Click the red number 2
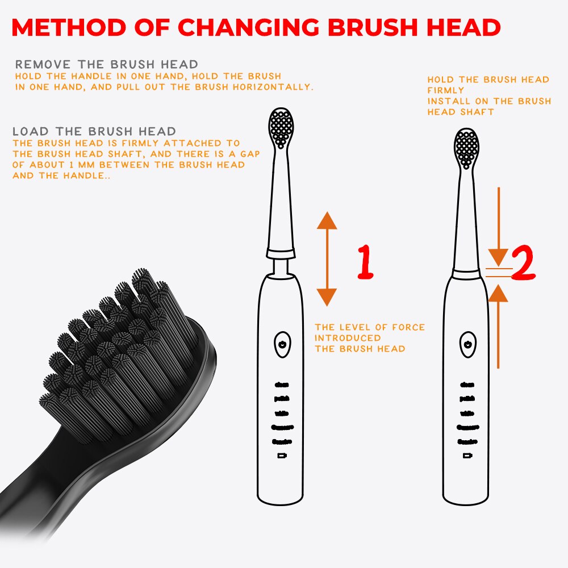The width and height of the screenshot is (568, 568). (x=523, y=265)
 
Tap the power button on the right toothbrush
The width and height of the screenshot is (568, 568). (x=467, y=344)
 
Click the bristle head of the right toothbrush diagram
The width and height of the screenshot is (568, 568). (x=466, y=148)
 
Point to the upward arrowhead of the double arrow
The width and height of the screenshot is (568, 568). (x=327, y=220)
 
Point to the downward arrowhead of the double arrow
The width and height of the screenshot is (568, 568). (x=327, y=296)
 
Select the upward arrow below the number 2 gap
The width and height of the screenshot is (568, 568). (x=498, y=293)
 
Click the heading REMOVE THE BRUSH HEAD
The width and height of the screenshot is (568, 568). (x=107, y=64)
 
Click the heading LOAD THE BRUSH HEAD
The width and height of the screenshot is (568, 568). (x=94, y=132)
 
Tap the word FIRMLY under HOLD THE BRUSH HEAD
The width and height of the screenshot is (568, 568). (x=446, y=90)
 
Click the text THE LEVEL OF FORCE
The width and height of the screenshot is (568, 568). (x=370, y=327)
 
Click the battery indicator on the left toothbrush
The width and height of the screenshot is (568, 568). (x=281, y=456)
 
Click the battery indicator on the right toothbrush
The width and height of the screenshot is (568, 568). (x=467, y=456)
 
